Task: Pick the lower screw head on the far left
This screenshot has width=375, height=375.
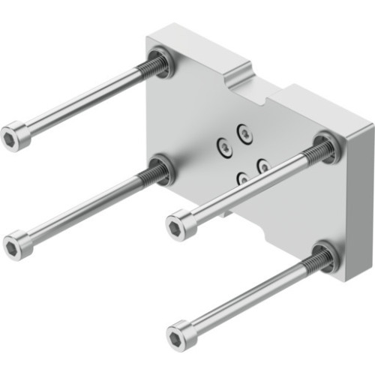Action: [18, 247]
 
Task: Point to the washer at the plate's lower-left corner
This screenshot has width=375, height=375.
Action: [161, 169]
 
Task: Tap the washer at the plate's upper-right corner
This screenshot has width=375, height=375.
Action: [327, 147]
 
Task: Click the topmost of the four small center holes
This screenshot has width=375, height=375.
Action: [243, 133]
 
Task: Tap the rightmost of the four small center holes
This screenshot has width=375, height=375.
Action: [263, 164]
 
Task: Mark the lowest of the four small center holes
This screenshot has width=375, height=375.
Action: [242, 178]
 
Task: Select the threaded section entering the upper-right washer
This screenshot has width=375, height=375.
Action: [315, 154]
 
